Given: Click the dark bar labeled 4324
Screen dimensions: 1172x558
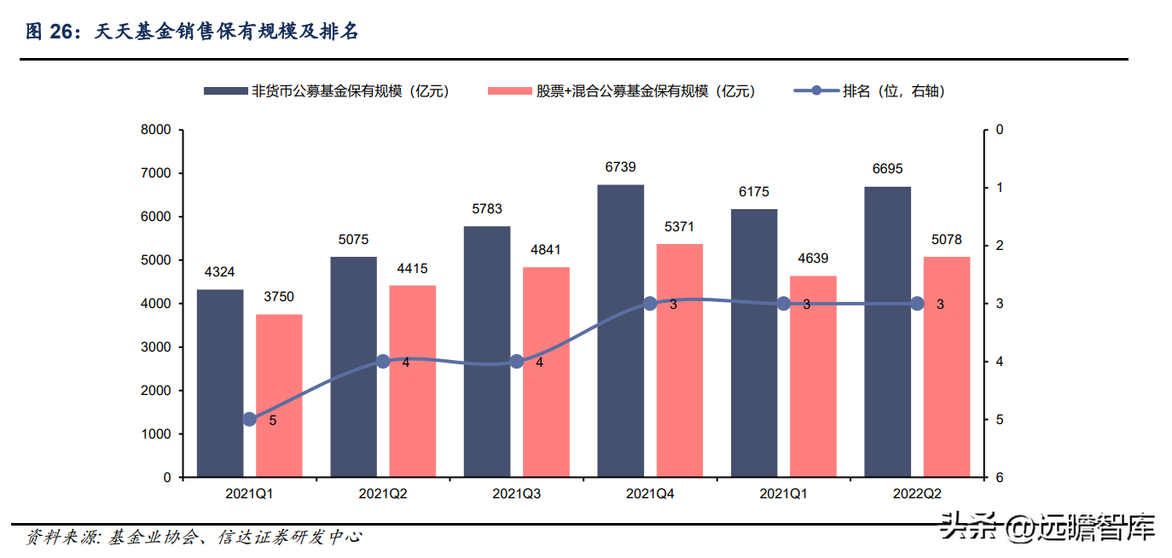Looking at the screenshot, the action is point(220,383).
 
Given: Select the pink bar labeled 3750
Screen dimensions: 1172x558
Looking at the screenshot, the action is point(279,396).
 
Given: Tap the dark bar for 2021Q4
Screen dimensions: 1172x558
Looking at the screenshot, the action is point(620,331).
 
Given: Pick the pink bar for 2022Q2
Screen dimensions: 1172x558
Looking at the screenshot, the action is point(947,367).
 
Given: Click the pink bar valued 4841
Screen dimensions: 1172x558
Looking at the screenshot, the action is point(546,372).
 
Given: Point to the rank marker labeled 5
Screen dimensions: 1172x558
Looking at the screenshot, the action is point(250,419).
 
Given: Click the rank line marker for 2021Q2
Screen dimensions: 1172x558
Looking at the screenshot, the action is point(383,361).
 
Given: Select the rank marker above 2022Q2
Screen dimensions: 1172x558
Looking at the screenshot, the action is point(917,303).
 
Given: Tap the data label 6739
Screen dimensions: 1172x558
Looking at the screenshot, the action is point(620,167).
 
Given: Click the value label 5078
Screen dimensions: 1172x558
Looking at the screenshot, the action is point(947,239).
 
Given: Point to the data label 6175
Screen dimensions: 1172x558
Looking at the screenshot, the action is point(754,192).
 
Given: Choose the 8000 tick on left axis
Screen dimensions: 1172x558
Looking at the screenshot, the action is point(156,130).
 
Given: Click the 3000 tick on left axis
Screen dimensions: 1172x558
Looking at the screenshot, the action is point(156,347).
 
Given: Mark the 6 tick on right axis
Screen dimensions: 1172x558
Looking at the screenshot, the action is point(1000,478).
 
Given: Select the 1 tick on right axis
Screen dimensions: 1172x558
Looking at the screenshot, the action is point(1000,188).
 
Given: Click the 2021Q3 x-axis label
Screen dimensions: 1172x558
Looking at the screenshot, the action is point(516,494).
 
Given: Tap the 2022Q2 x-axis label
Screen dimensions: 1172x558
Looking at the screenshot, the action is point(917,494).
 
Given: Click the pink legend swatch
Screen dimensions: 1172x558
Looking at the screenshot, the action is point(509,91).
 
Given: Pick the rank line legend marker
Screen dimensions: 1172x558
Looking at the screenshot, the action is point(817,90).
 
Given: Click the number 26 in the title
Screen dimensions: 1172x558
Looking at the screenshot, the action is point(61,32).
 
